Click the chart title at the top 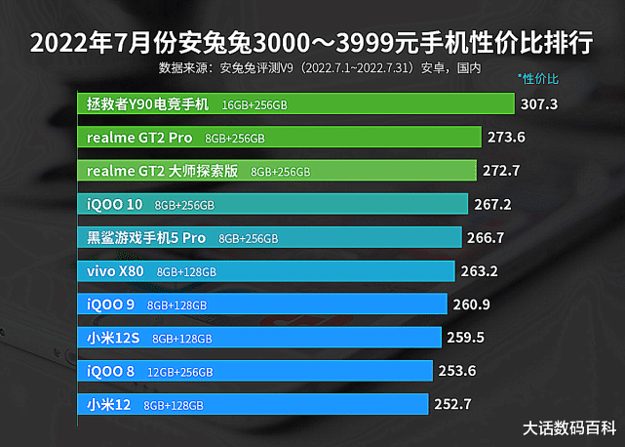pyautogui.click(x=312, y=45)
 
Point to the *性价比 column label pyautogui.click(x=538, y=78)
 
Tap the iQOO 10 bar pyautogui.click(x=272, y=205)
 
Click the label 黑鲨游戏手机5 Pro pyautogui.click(x=146, y=238)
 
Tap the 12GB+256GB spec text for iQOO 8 pyautogui.click(x=176, y=372)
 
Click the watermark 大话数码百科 pyautogui.click(x=569, y=427)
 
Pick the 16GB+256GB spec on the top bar pyautogui.click(x=254, y=104)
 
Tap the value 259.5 pyautogui.click(x=465, y=339)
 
